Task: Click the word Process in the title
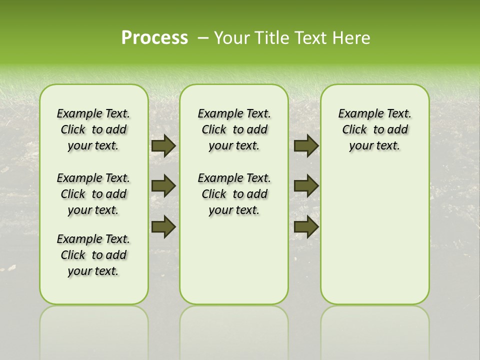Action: [x=154, y=38]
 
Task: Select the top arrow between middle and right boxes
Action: [x=306, y=145]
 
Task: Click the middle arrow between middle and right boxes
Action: [x=306, y=186]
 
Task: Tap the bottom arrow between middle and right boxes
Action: [x=306, y=226]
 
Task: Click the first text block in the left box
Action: [x=93, y=129]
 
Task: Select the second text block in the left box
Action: [x=93, y=194]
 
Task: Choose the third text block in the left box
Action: [x=93, y=255]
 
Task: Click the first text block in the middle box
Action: [x=234, y=129]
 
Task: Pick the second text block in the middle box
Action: [x=234, y=194]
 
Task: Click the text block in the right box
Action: [x=374, y=129]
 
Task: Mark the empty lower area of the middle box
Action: [x=234, y=260]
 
